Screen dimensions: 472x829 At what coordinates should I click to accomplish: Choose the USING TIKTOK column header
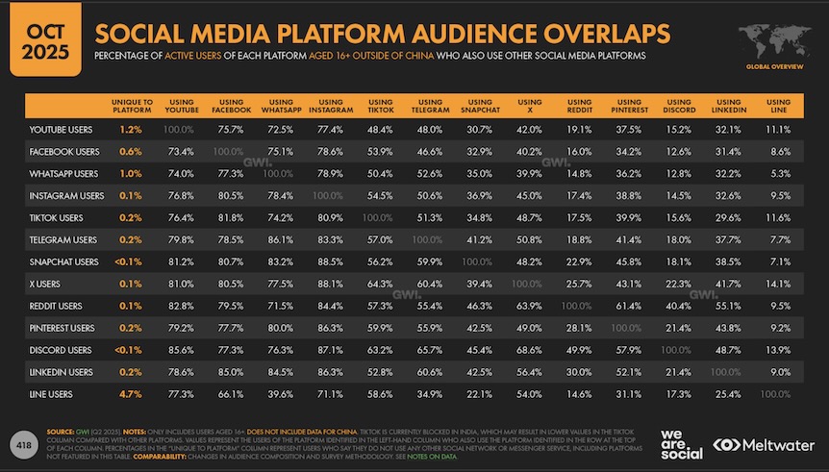(379, 106)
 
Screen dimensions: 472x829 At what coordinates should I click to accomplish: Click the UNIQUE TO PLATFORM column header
(133, 106)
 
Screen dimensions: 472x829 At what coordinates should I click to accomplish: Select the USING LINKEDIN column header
(727, 106)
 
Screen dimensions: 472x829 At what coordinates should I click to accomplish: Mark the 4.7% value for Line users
(133, 393)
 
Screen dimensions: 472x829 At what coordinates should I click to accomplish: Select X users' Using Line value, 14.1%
(779, 283)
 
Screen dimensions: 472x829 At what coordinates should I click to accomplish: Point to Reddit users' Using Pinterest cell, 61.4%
(629, 305)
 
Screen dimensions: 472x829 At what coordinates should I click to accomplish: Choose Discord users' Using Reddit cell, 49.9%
(579, 349)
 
